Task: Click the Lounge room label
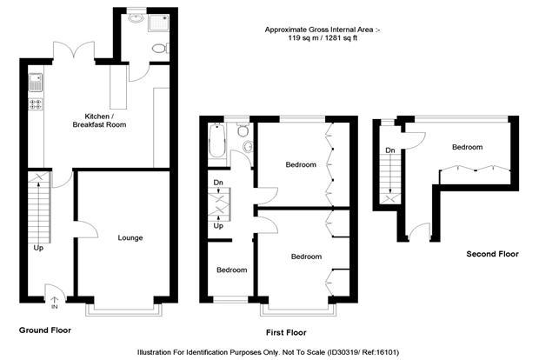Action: [x=130, y=238]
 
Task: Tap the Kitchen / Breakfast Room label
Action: [x=99, y=120]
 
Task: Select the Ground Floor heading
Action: [x=45, y=330]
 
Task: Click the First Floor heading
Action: [x=286, y=332]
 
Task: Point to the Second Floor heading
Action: [x=492, y=254]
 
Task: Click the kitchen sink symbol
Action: [x=36, y=83]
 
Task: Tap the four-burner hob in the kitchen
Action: [x=36, y=103]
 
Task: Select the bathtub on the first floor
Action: [x=217, y=140]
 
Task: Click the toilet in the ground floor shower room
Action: [x=161, y=48]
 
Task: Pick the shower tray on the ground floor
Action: [x=158, y=23]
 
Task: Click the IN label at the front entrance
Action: [x=54, y=307]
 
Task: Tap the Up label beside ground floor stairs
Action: [x=38, y=248]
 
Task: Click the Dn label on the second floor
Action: [x=390, y=150]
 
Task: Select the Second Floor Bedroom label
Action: [x=467, y=147]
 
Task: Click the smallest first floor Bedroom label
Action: [x=232, y=270]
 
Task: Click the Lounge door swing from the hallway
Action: [x=86, y=229]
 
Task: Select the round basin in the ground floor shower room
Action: [x=136, y=18]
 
